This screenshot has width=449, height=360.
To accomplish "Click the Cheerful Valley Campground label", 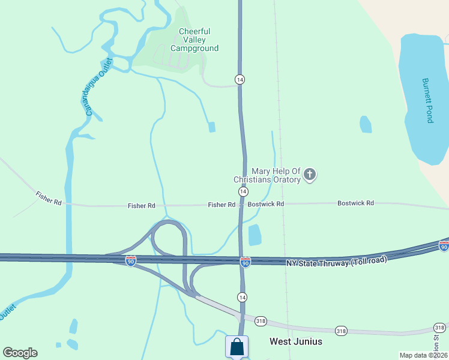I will coord(194,40).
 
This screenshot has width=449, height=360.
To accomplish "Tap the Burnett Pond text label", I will coord(427,101).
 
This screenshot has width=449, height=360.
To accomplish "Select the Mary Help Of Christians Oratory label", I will coord(267,175).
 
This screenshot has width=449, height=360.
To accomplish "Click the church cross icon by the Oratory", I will coord(310,175).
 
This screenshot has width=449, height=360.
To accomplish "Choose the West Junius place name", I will coord(295,341).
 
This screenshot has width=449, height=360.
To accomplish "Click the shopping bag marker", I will coord(237,346).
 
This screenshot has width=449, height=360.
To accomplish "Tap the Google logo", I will coord(20,353).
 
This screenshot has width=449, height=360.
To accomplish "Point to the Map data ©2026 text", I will coord(423,355).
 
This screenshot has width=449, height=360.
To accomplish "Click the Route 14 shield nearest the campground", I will coord(240,79).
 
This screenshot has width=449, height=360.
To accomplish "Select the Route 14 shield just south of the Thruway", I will coord(242,297).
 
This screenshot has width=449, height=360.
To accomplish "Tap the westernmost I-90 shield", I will coord(131,260).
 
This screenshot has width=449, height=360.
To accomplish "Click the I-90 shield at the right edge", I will coord(444,247).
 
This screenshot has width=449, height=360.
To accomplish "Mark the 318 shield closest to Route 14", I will coord(261,320).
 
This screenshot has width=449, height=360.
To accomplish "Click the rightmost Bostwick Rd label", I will coord(355,203).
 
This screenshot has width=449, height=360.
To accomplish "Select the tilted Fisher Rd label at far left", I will coord(48,199).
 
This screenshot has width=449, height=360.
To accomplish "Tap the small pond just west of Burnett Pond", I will coord(365,124).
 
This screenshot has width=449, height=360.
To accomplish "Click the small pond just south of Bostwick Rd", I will coord(255,235).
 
